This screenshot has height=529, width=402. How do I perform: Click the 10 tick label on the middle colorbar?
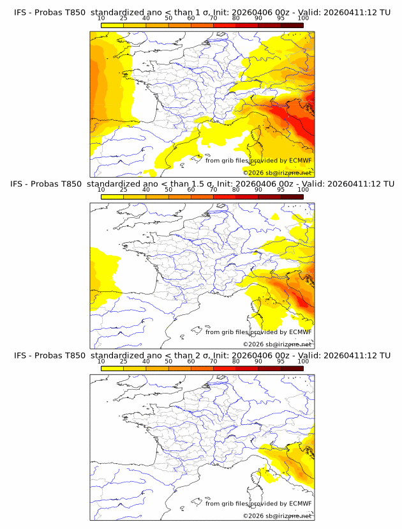point(101,190)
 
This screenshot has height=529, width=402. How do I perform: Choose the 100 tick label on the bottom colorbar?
point(303,361)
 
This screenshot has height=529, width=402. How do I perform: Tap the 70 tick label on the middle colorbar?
point(213,190)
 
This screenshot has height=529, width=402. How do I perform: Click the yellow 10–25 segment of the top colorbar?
point(112,26)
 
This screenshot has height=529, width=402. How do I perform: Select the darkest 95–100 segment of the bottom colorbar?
point(292,368)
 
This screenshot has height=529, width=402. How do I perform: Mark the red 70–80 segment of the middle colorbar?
point(224,197)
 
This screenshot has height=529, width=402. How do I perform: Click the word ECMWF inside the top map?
point(301,160)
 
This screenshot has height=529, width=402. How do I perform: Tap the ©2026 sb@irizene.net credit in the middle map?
point(278,344)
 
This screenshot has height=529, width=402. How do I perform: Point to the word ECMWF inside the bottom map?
point(301,503)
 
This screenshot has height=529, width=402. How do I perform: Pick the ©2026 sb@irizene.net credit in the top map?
point(278,172)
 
